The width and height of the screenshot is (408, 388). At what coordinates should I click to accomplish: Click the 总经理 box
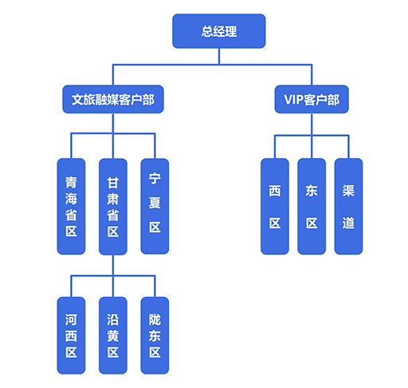point(219,31)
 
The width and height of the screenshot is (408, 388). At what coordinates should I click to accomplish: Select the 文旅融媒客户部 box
point(113,99)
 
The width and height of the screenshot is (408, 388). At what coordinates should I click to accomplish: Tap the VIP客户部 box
point(312,99)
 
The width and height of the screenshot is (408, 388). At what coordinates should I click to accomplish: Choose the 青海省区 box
point(71,207)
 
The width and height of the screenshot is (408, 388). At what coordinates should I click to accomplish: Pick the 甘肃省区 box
point(113,207)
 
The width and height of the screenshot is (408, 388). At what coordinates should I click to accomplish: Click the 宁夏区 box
point(155,206)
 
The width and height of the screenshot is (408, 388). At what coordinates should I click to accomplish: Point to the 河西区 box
point(71,335)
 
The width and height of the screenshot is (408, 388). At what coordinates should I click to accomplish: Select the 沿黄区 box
point(113,335)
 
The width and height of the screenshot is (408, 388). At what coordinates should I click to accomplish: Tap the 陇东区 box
point(155,335)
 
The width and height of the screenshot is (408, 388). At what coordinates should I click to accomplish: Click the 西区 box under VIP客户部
point(275,207)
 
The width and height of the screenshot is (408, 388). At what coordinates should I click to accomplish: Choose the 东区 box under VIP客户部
point(312,207)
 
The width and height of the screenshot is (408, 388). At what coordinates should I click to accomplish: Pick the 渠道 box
point(348,207)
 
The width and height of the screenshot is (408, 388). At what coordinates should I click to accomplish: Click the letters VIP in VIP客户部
point(293,100)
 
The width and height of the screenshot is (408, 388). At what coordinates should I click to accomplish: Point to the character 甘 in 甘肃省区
point(113,183)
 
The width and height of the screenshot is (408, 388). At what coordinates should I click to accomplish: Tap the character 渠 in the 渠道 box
point(348,191)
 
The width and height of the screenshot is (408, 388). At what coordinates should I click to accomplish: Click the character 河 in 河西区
point(71,319)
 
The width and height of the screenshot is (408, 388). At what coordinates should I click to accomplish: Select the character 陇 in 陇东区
point(155,319)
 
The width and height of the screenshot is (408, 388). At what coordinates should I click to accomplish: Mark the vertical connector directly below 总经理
point(219,56)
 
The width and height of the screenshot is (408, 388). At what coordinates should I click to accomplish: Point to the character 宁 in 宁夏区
point(155,178)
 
